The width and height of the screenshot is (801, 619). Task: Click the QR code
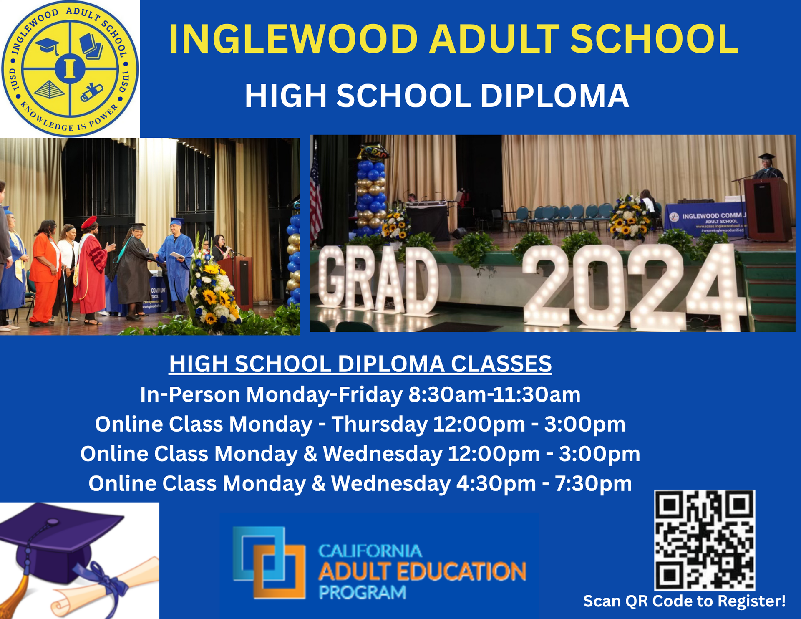click(704, 540)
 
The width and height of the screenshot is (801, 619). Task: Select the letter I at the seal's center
click(70, 69)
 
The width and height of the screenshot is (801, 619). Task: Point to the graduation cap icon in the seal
click(47, 46)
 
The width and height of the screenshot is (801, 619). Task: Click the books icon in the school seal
click(91, 46)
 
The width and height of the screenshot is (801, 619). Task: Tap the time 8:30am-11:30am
click(494, 394)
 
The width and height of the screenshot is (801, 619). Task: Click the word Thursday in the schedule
click(379, 424)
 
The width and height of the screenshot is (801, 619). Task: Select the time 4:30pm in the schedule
click(496, 483)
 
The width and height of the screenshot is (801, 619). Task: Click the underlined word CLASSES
click(501, 364)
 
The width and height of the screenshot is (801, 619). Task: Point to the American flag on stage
click(316, 196)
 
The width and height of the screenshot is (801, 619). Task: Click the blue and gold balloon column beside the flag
click(371, 196)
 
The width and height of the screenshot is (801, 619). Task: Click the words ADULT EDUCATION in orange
click(422, 572)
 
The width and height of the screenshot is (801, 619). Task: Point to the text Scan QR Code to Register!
click(684, 601)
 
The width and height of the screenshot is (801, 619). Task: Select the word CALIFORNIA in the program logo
click(370, 551)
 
